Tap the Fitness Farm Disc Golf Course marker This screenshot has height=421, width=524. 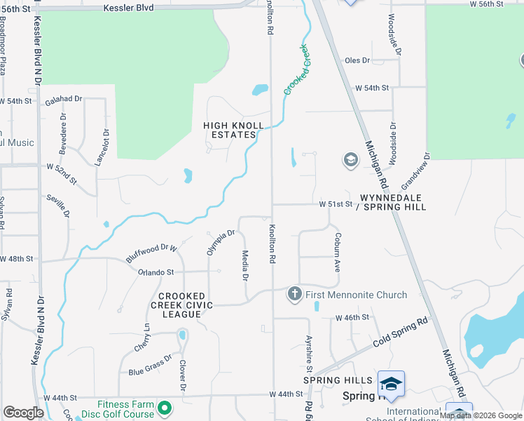tap(165, 408)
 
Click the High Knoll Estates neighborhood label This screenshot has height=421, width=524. tap(233, 131)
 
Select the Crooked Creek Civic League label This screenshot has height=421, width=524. tap(181, 305)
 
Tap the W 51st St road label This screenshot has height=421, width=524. tap(334, 204)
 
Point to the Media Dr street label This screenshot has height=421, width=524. tap(245, 265)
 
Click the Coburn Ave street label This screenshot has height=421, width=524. tap(337, 253)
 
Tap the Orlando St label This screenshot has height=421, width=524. tap(156, 272)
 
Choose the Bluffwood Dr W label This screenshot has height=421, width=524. tap(152, 252)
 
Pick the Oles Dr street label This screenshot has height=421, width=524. tap(357, 60)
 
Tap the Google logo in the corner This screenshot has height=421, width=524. tap(23, 413)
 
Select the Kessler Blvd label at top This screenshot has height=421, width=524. tap(127, 8)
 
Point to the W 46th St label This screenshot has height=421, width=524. tap(352, 318)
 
